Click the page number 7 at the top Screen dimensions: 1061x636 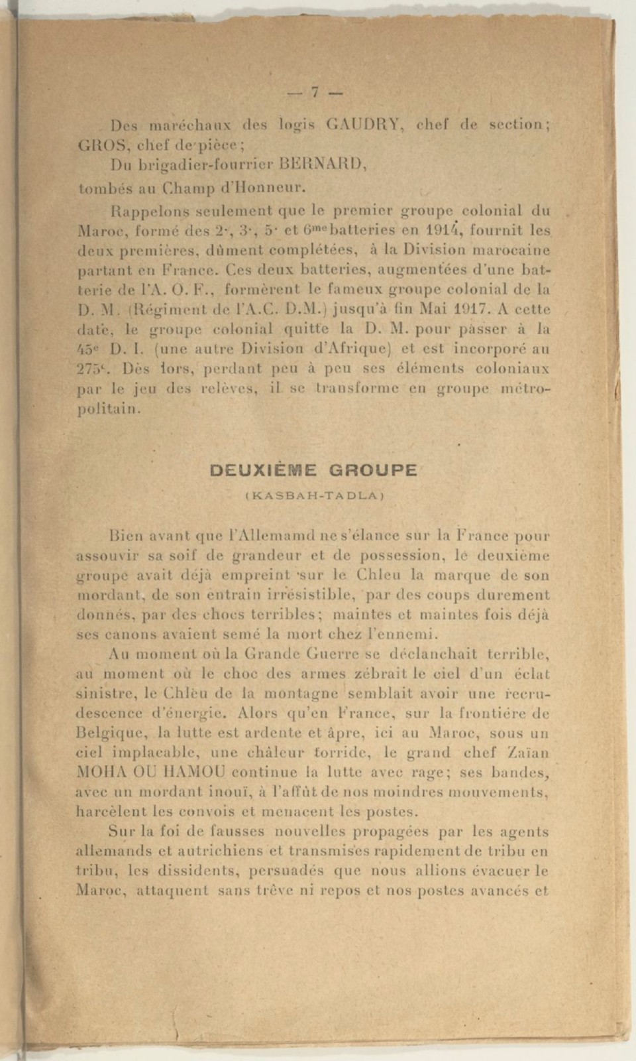click(315, 92)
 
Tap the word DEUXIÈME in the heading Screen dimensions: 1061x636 click(263, 470)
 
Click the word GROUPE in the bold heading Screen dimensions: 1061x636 click(373, 470)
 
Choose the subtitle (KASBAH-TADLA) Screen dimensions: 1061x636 click(315, 495)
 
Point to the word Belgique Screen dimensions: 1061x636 click(113, 734)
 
